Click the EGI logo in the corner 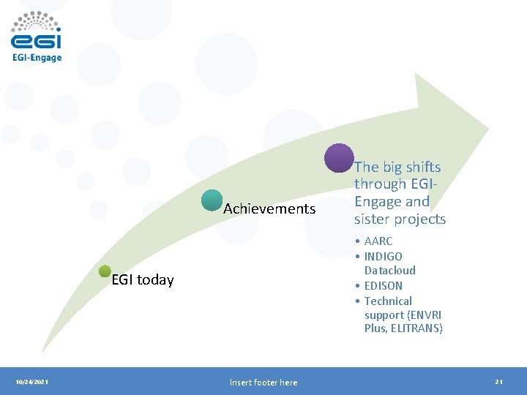coord(36,31)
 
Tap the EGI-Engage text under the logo coord(37,57)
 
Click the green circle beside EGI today coord(105,272)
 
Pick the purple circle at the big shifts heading coord(339,158)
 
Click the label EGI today coord(143,280)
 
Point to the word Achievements coord(269,209)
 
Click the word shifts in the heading coord(422,167)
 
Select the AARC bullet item coord(378,241)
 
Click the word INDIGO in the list coord(383,257)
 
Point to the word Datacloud coord(389,271)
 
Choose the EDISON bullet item coord(383,285)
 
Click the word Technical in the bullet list coord(388,301)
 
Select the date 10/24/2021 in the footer coord(32,382)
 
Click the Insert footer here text coord(263,382)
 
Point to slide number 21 coord(498,382)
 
